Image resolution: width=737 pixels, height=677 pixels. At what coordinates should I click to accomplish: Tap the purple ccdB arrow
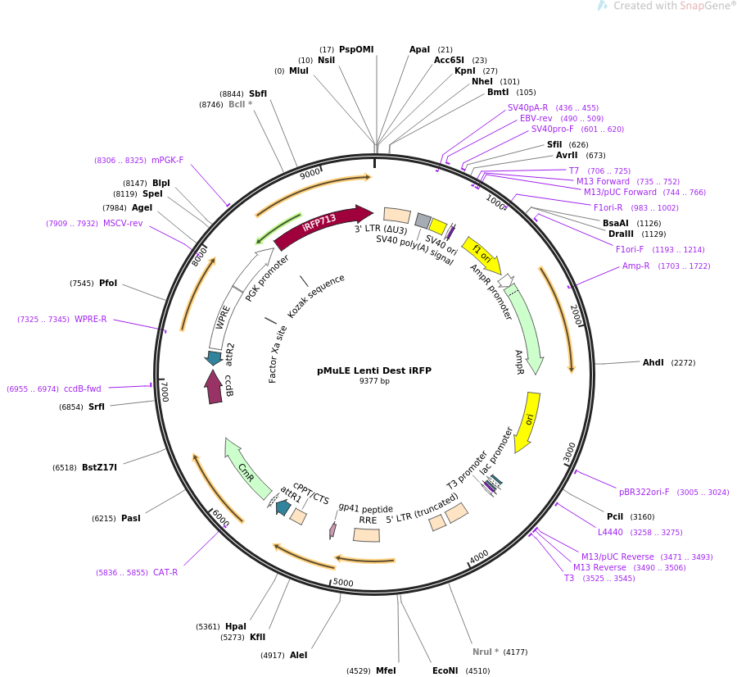[214, 386]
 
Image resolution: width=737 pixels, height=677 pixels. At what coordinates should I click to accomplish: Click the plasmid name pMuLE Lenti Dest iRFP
[374, 370]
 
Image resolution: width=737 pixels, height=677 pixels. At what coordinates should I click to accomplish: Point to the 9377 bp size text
[374, 381]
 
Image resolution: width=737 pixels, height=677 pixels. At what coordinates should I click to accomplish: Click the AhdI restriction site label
[653, 362]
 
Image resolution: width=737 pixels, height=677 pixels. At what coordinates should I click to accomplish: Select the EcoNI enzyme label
[445, 670]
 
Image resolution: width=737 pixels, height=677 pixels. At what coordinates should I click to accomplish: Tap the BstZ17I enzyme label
[99, 467]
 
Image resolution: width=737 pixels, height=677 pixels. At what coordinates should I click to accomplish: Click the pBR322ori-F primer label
[644, 492]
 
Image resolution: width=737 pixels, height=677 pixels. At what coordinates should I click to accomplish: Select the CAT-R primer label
[165, 572]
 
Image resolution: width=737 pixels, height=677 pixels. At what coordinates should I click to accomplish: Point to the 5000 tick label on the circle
[342, 583]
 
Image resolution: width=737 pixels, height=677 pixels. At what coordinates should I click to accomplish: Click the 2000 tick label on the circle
[576, 315]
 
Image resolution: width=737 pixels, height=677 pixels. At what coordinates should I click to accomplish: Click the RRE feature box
[367, 534]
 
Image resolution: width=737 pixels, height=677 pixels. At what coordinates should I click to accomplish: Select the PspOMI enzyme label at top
[356, 49]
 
